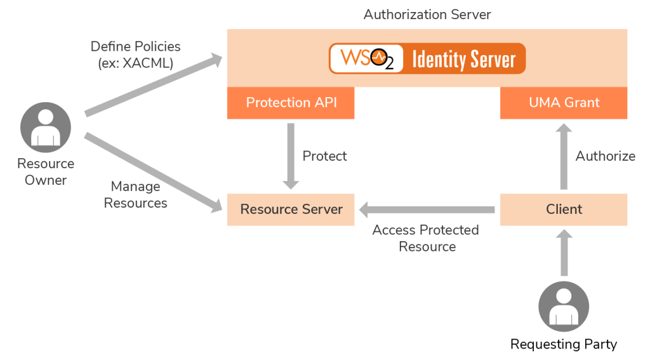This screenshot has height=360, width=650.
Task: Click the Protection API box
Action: [291, 103]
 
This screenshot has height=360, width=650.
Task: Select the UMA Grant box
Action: [564, 103]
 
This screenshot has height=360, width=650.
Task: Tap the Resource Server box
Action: [291, 210]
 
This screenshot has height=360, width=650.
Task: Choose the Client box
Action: [564, 210]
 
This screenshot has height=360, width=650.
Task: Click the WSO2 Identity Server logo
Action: [427, 59]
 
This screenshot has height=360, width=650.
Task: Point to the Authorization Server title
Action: [427, 14]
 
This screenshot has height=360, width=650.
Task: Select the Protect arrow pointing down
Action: [291, 156]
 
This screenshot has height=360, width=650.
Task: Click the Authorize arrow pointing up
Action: [564, 156]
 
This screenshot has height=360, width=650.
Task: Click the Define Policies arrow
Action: [152, 86]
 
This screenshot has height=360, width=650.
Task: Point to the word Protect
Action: [325, 156]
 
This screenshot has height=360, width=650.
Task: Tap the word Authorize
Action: [605, 156]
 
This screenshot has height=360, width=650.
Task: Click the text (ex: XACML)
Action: [135, 63]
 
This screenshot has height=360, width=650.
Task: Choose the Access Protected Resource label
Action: [426, 238]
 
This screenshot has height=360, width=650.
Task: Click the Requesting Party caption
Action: [564, 345]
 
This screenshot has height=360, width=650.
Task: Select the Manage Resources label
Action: [135, 195]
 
